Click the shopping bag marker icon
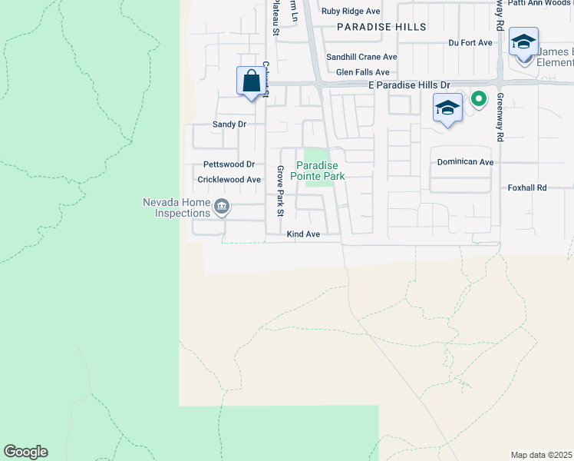[x=251, y=81]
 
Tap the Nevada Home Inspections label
[x=176, y=207]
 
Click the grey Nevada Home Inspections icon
[x=222, y=206]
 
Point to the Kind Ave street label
[x=302, y=234]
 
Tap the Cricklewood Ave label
[x=229, y=180]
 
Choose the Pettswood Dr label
[x=229, y=164]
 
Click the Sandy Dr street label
[x=229, y=124]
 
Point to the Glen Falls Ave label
[x=362, y=72]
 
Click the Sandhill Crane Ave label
[x=361, y=57]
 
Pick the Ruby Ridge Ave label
[x=351, y=12]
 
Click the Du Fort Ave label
[x=470, y=43]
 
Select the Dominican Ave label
[x=465, y=163]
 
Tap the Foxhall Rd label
[x=527, y=187]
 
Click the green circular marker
[x=479, y=98]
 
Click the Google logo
[x=25, y=452]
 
